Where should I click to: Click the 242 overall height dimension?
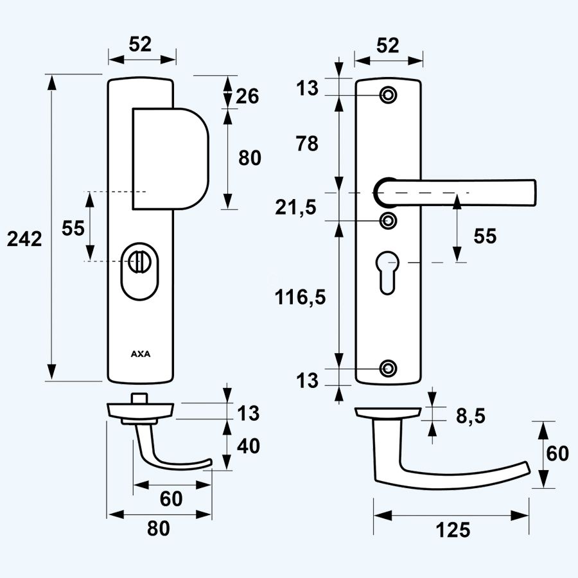24,239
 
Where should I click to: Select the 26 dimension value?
247,96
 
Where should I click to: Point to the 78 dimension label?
308,144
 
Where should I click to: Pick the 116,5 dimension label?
301,297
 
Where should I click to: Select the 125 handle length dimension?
453,530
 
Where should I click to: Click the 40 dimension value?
248,445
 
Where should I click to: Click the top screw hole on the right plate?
388,95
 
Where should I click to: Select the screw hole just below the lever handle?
388,220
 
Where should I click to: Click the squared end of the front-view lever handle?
528,193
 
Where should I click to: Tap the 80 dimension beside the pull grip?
250,158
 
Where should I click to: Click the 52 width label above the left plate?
140,44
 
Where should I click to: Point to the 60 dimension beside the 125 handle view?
557,453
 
